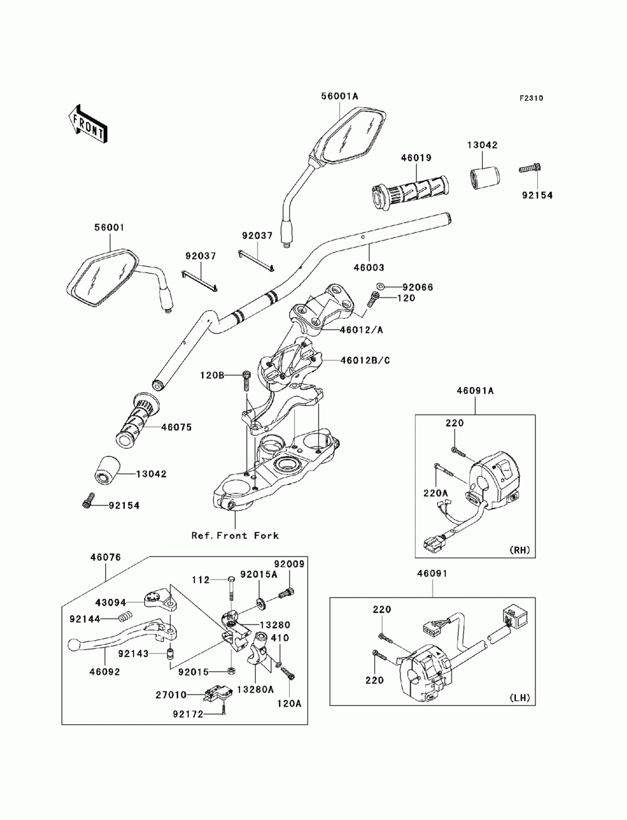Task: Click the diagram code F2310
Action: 531,98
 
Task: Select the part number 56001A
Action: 339,96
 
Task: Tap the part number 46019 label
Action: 416,158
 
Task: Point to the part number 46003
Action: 369,267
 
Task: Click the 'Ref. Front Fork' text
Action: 234,536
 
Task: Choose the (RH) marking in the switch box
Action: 520,550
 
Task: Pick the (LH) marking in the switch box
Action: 520,697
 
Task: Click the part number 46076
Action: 105,557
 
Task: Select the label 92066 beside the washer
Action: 418,287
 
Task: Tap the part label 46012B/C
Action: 365,360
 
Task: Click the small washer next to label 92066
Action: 380,286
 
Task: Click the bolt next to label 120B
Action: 246,380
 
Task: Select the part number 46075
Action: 176,427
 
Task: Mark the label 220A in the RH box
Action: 435,493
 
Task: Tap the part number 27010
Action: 171,695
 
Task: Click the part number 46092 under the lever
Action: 105,672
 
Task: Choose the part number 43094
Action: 111,603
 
